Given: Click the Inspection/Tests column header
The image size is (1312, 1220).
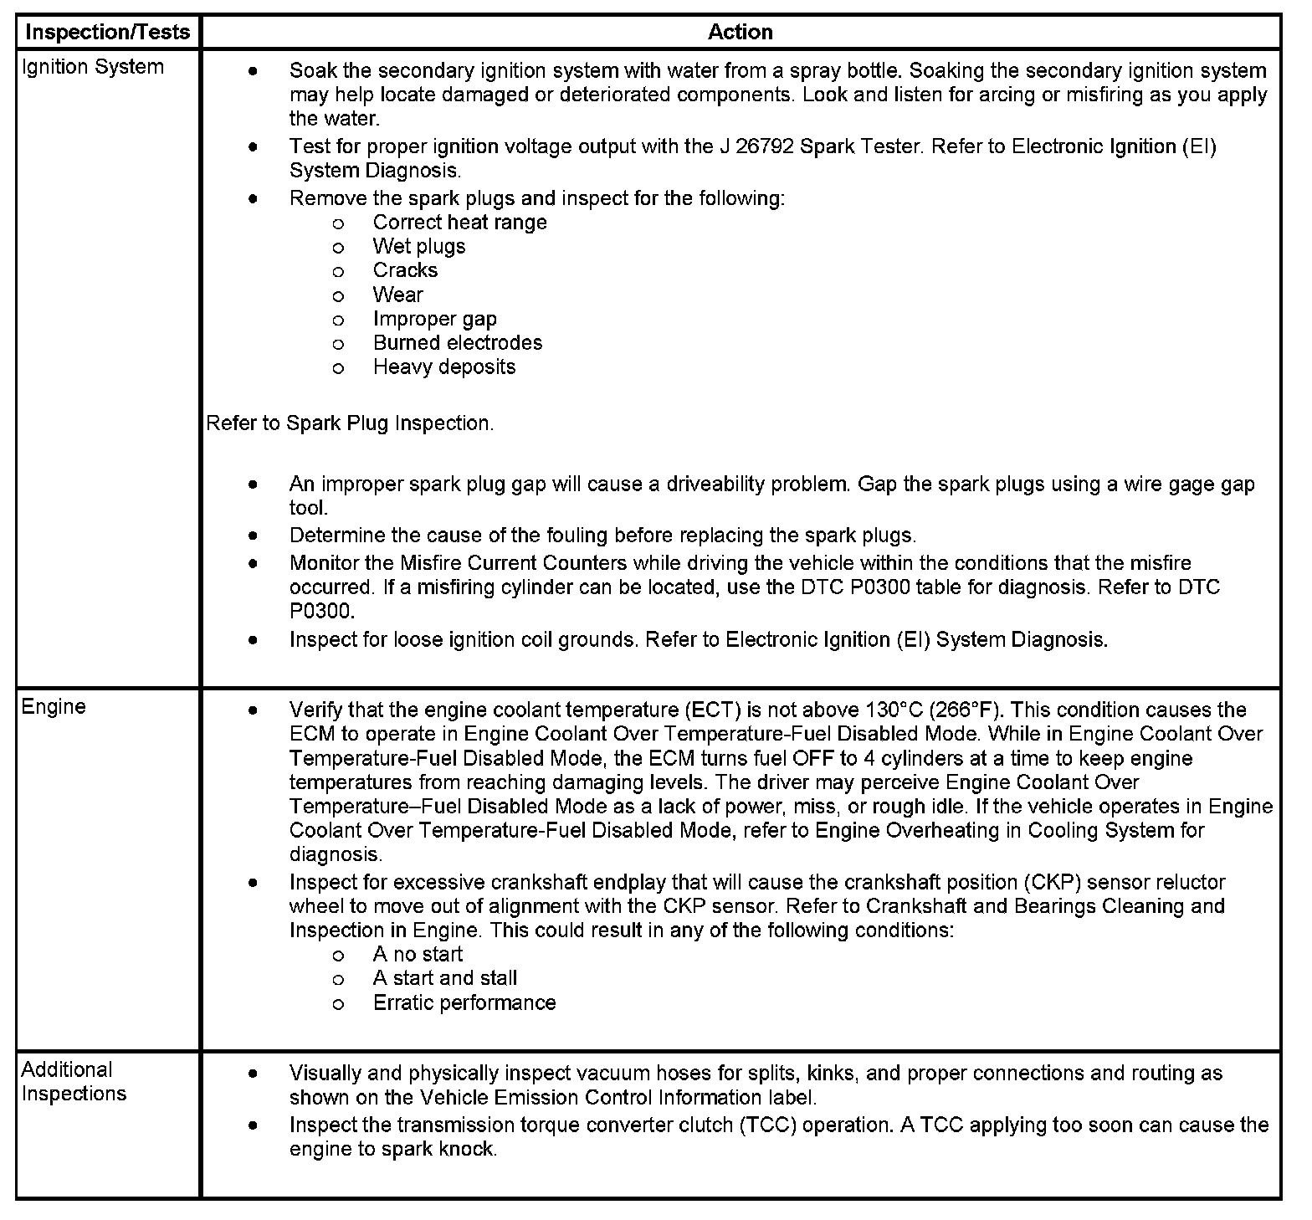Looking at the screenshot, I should [x=108, y=33].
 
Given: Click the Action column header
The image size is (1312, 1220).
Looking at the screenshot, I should [x=740, y=33].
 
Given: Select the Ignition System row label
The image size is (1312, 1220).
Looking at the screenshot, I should [x=92, y=67].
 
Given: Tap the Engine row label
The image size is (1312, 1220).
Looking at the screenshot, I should [x=54, y=706].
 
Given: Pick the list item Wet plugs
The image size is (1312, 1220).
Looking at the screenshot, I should [x=418, y=246].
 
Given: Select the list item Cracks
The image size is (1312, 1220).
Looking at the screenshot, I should [x=405, y=270].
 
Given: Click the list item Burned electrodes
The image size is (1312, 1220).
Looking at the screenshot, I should [x=457, y=342].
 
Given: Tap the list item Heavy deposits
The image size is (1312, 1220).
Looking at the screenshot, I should [x=443, y=367].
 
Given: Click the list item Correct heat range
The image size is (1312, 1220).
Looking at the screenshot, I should [x=459, y=222].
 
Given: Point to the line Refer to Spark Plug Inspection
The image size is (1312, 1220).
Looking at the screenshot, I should [x=350, y=423].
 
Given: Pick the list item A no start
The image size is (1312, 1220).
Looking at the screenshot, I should [x=417, y=954].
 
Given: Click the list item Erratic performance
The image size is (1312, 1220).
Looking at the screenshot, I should [x=464, y=1002].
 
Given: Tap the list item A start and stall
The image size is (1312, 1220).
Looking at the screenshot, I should [x=444, y=978].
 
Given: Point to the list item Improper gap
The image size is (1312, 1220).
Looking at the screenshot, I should [x=434, y=319].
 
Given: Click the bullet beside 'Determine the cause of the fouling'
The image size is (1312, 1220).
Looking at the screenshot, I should [x=253, y=535].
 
